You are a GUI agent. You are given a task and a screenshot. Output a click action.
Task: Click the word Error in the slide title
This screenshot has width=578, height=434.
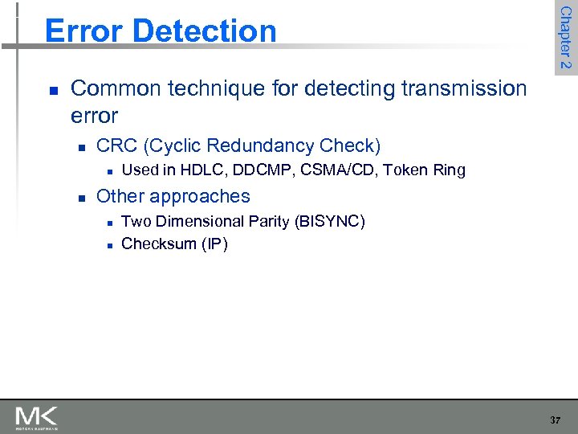click(85, 31)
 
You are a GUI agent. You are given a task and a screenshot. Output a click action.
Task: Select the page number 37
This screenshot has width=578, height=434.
click(556, 420)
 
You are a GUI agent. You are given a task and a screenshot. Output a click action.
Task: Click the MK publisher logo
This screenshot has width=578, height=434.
click(36, 417)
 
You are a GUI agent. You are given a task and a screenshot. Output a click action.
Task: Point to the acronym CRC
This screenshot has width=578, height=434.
click(116, 145)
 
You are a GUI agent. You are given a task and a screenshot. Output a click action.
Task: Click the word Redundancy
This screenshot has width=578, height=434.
click(261, 145)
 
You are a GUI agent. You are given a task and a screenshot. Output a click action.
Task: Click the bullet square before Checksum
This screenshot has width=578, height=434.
click(108, 244)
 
